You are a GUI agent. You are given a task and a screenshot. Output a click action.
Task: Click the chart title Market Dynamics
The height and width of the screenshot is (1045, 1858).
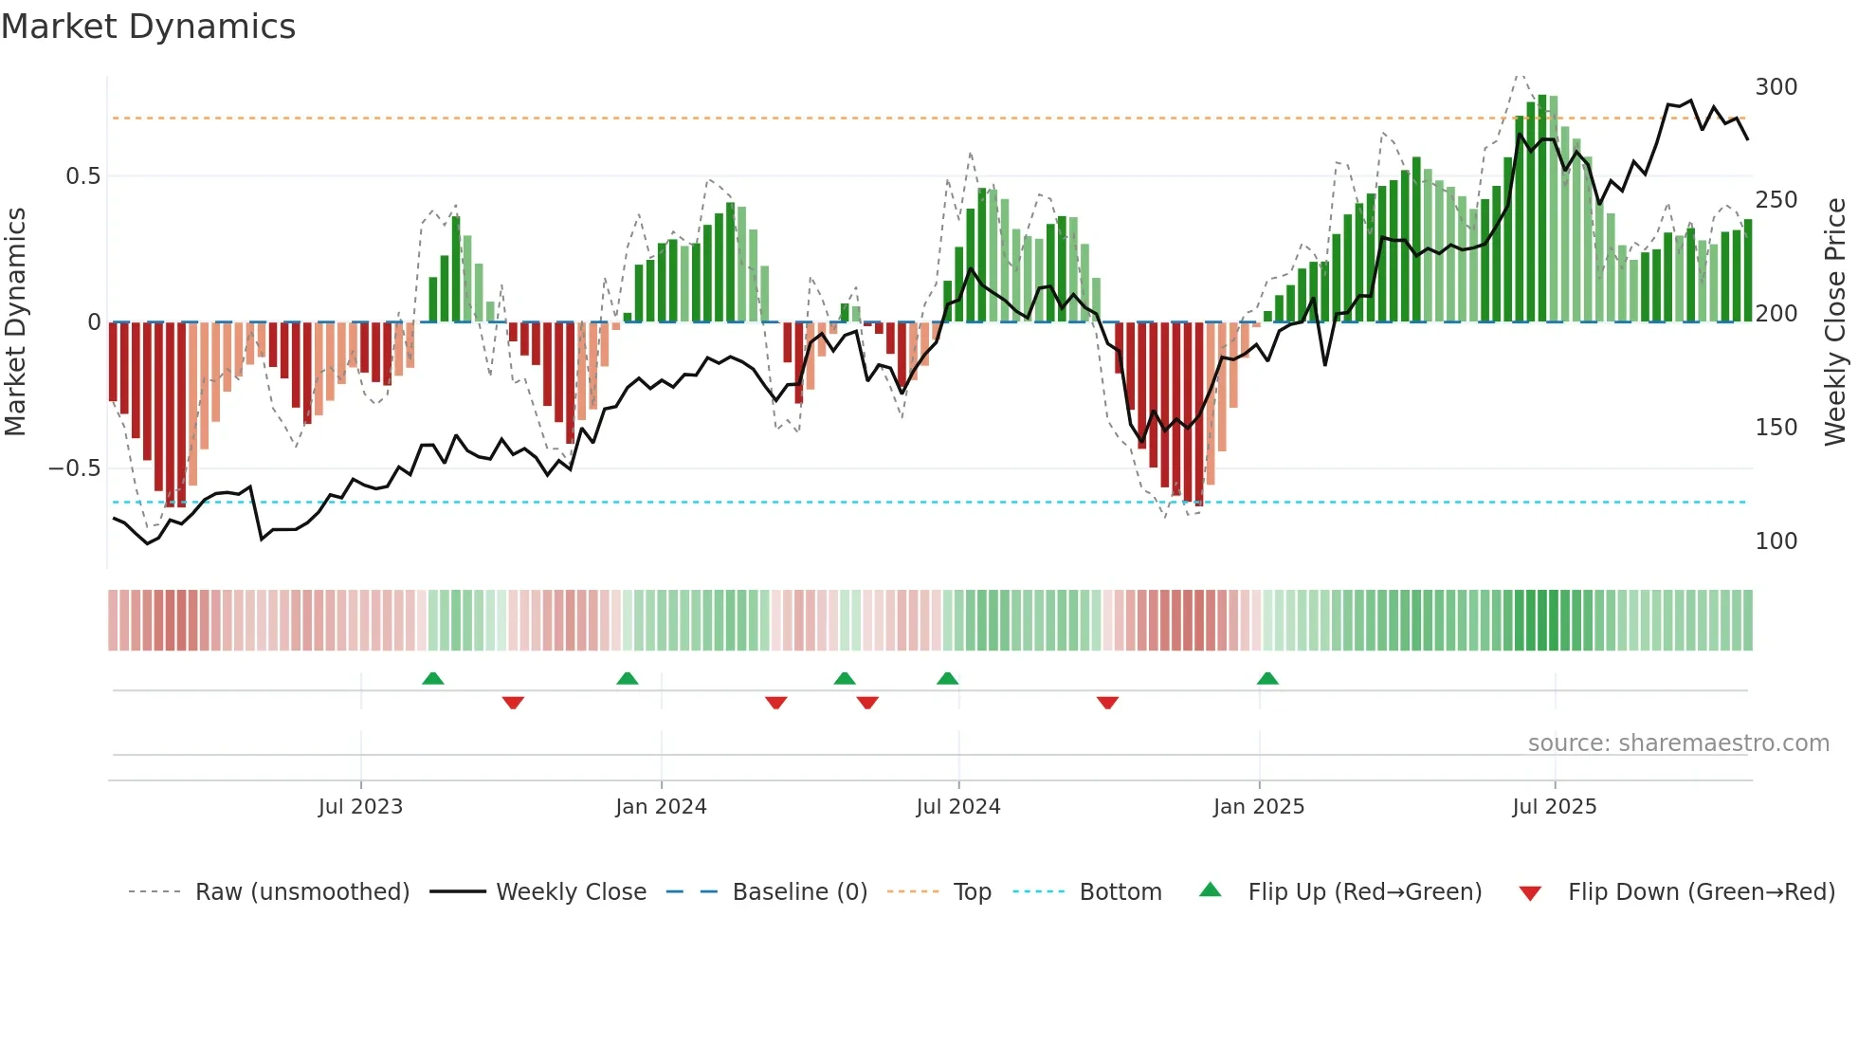click(x=148, y=27)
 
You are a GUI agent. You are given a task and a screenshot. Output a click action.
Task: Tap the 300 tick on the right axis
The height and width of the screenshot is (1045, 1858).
click(x=1776, y=87)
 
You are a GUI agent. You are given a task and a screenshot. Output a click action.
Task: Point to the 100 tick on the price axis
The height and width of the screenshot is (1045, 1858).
click(x=1776, y=541)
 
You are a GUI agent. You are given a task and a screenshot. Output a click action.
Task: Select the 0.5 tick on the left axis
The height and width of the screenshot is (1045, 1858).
click(x=82, y=176)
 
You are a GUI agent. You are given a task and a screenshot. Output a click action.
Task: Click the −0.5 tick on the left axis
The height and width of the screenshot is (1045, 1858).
click(x=75, y=468)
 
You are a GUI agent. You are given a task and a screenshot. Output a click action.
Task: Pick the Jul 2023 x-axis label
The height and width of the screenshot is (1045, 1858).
click(x=360, y=807)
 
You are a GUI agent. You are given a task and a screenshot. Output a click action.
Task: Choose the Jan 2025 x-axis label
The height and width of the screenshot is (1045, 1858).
click(x=1259, y=807)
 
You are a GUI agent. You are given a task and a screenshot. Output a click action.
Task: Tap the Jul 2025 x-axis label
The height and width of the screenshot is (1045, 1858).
click(x=1555, y=807)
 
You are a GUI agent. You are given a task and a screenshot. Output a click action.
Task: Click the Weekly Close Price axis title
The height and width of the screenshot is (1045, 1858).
click(x=1835, y=322)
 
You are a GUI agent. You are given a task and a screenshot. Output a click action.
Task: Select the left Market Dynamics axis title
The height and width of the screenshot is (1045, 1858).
click(x=15, y=322)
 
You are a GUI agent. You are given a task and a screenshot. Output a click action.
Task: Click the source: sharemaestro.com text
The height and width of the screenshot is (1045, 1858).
click(x=1678, y=743)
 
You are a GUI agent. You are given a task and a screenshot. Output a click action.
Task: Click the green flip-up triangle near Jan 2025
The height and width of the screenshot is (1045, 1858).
click(x=1267, y=679)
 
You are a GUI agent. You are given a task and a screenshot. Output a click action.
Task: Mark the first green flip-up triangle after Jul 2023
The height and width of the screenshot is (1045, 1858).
click(x=432, y=679)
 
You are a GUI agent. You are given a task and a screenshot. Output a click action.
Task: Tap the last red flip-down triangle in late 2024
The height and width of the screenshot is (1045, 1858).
click(x=1107, y=703)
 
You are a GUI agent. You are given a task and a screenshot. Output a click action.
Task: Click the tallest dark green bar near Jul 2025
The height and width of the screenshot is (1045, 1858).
click(x=1542, y=209)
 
